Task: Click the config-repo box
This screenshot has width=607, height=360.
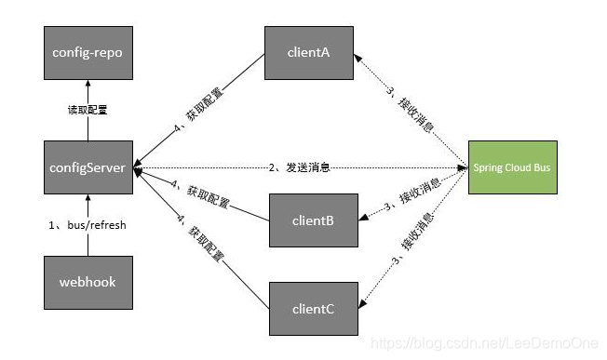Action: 88,52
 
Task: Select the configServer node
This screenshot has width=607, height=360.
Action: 88,168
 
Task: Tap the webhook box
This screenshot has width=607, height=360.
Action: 88,281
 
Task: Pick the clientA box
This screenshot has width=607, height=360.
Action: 309,52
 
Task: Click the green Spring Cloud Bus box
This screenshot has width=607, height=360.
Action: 513,168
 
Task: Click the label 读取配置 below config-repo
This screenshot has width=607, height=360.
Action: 89,110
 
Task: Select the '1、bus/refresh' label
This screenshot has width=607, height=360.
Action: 88,225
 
